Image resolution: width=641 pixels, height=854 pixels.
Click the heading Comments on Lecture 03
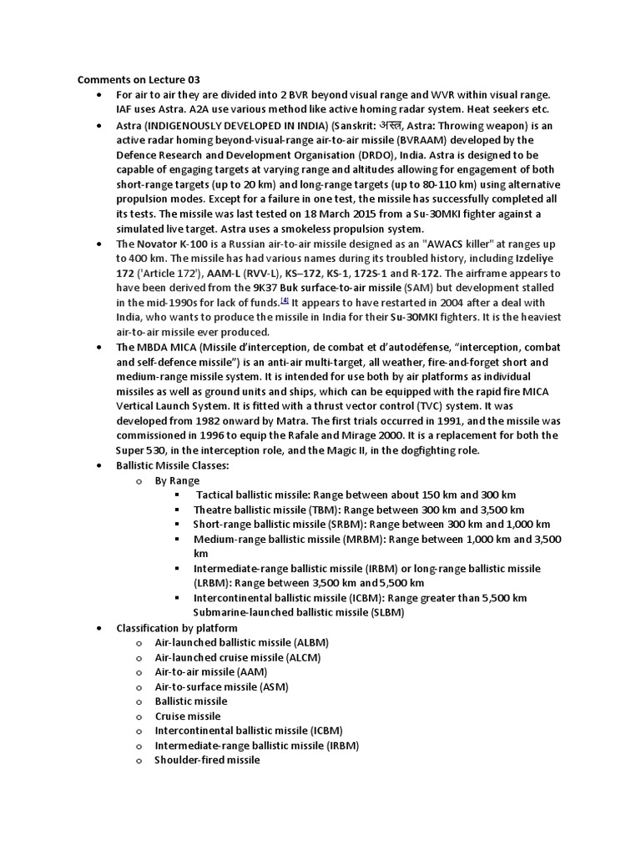coord(139,80)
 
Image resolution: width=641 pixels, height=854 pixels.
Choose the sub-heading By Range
coord(177,480)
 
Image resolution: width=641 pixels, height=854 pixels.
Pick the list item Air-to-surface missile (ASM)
coord(222,686)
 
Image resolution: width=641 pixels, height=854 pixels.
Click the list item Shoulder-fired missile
coord(207,760)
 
